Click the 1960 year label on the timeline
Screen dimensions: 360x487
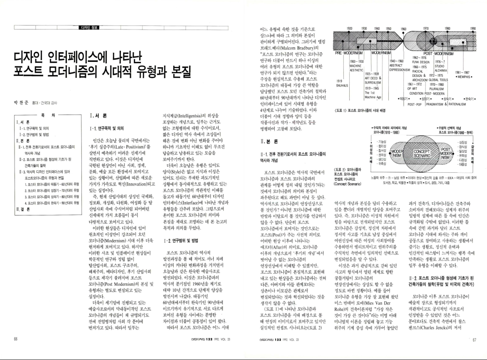pos(403,29)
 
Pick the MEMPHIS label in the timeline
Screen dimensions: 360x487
pos(464,76)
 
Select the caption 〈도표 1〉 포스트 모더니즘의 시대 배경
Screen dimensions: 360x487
pos(360,110)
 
